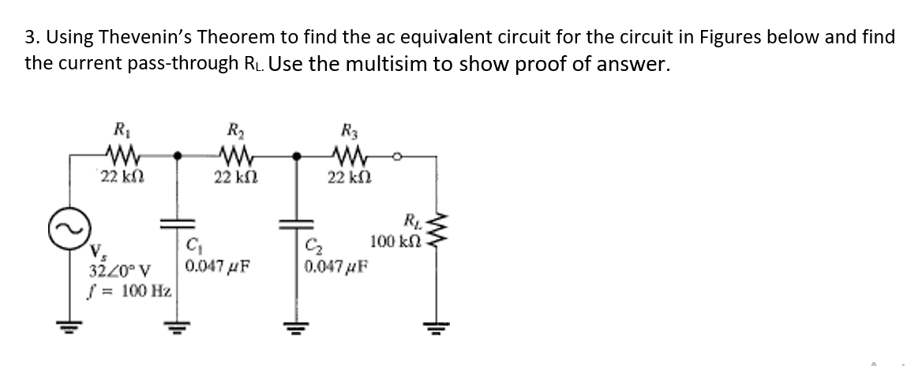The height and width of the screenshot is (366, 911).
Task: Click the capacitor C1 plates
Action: [x=171, y=225]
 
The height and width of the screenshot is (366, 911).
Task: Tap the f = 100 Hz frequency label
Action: [x=128, y=290]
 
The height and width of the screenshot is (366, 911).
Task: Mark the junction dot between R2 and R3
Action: [x=296, y=156]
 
